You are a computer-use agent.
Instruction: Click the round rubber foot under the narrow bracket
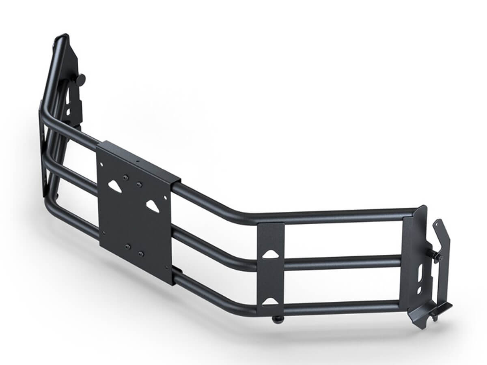277,320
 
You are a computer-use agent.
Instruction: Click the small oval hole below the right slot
419,290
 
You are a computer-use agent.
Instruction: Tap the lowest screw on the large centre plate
140,254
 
